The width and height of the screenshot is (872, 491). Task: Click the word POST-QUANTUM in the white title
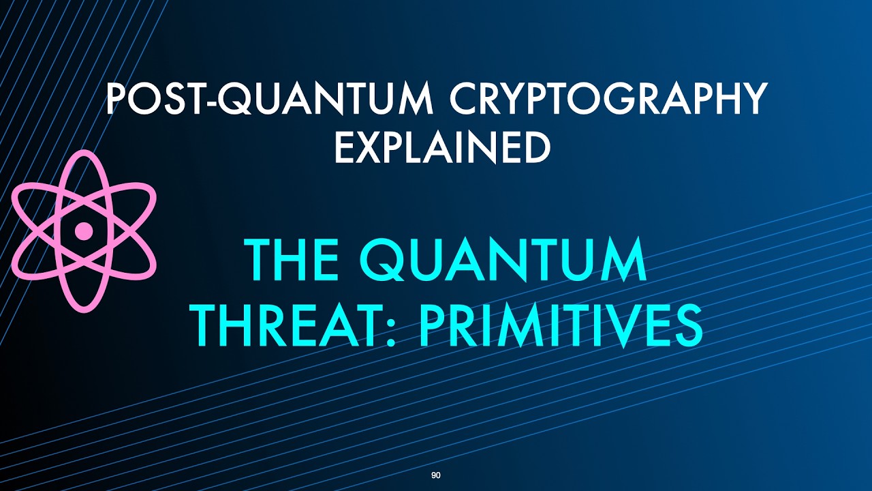[269, 99]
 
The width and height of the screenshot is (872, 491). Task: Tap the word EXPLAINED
[443, 147]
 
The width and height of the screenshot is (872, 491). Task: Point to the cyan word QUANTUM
[503, 261]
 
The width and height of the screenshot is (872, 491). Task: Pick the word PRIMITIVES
[561, 326]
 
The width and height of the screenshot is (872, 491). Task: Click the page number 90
[436, 475]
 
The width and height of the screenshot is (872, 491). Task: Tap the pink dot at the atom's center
[83, 231]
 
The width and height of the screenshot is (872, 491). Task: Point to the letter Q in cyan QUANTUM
[383, 261]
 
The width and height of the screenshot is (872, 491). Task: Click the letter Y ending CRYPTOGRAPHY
[752, 99]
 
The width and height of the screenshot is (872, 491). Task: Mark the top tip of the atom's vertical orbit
[83, 151]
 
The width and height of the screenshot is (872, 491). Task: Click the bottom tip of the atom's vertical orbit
[83, 311]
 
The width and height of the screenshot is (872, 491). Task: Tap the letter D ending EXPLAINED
[535, 148]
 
